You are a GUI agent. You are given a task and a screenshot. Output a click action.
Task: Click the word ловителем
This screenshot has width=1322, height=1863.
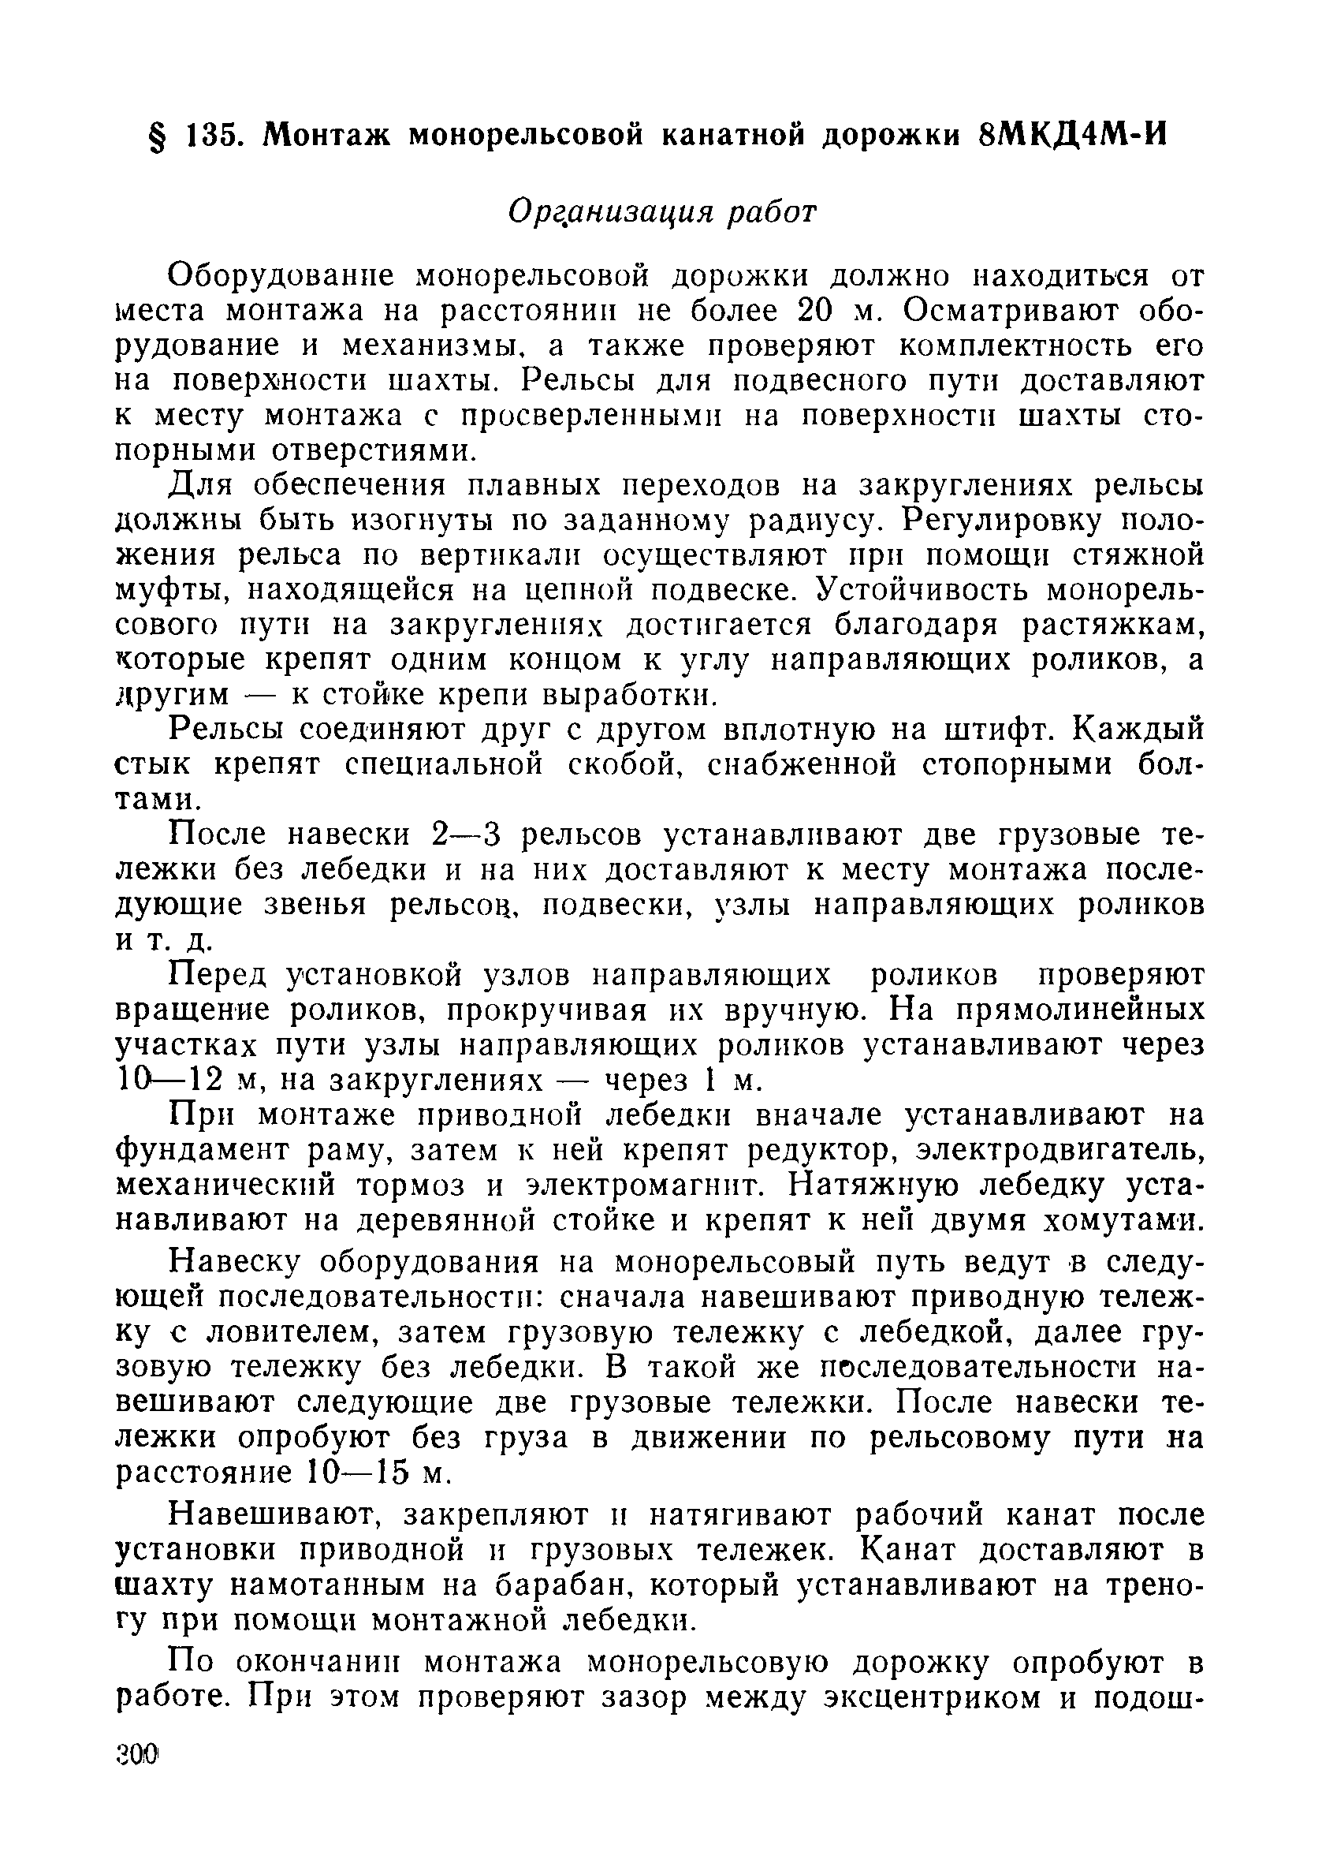292,1333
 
